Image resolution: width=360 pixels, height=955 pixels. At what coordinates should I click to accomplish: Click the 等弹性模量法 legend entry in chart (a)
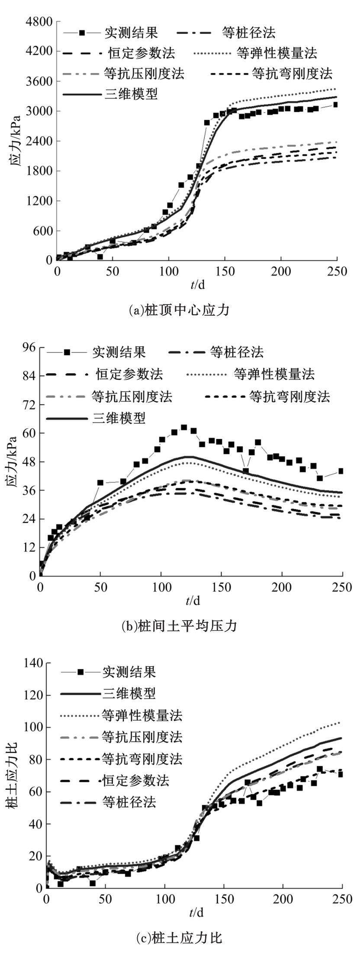pyautogui.click(x=277, y=53)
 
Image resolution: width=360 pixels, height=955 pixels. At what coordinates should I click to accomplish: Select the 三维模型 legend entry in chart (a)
pyautogui.click(x=131, y=94)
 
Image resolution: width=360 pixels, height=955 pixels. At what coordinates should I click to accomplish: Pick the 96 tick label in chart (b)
pyautogui.click(x=29, y=348)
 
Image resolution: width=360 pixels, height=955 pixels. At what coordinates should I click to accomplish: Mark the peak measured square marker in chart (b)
pyautogui.click(x=184, y=427)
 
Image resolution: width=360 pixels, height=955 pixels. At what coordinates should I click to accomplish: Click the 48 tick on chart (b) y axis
pyautogui.click(x=29, y=461)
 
